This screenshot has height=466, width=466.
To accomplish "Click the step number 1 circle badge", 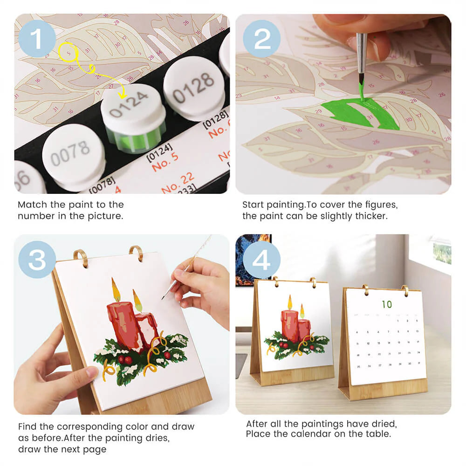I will click(x=37, y=39).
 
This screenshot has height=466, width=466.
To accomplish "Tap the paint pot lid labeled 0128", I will click(x=194, y=87).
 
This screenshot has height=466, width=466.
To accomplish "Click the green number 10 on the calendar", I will click(x=387, y=305).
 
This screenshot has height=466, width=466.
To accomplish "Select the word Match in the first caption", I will click(x=32, y=205).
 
